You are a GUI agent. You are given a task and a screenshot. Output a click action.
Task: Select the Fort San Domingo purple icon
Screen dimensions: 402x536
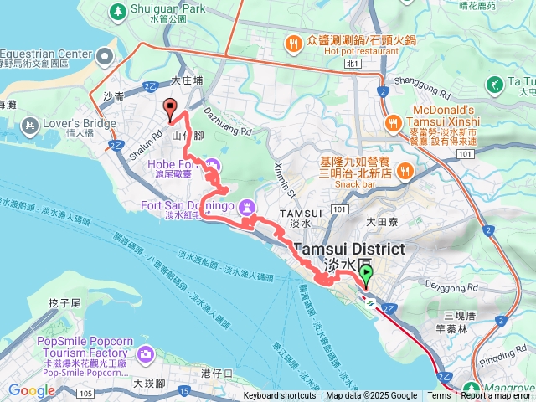(247, 206)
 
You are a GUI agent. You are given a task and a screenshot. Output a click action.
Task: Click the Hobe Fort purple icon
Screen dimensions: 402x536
(212, 165)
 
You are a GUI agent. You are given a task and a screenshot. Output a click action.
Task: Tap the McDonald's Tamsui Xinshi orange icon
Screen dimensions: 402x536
(392, 123)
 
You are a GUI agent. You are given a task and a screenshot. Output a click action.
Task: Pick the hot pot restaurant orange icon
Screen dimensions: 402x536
(292, 42)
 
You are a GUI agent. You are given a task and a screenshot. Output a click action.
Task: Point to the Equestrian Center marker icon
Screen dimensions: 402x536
(105, 56)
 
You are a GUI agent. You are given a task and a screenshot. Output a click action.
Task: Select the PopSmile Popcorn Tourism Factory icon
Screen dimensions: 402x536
(147, 354)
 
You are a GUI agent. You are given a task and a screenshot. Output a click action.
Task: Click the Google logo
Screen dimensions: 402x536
(32, 390)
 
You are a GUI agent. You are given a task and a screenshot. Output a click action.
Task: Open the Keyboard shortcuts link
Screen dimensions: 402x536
(280, 396)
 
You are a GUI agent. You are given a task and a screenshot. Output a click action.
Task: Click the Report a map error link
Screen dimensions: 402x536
(497, 396)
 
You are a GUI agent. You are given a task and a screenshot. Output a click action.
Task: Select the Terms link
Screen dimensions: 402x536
(438, 396)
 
